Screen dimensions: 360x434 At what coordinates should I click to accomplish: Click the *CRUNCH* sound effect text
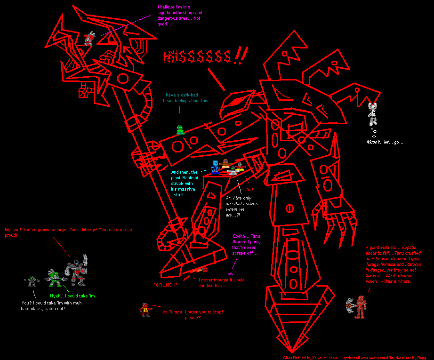click(x=165, y=285)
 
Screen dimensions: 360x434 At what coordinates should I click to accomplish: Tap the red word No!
click(x=249, y=189)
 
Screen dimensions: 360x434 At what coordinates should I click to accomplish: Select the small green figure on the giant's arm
click(x=179, y=130)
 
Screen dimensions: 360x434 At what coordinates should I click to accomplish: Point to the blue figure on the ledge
click(x=215, y=167)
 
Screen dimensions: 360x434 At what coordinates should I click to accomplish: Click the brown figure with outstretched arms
click(x=225, y=165)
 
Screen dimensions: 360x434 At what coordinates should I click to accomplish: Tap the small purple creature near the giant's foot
click(x=230, y=273)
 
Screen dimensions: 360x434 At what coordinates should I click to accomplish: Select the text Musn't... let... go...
click(x=385, y=142)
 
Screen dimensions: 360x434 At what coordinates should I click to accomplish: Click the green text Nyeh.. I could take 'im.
click(x=73, y=295)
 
